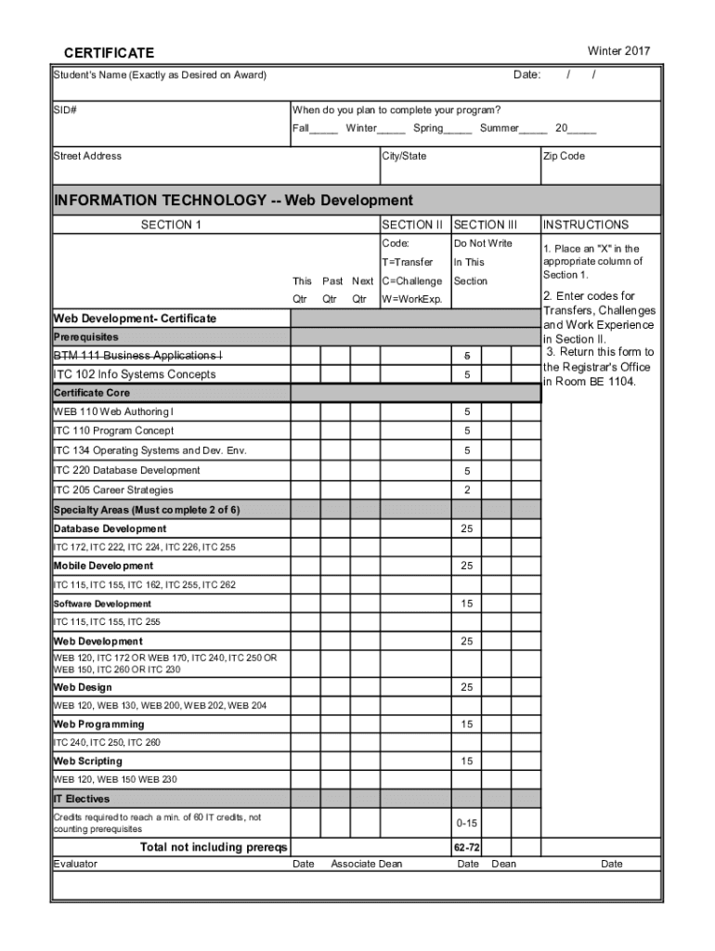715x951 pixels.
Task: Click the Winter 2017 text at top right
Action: tap(619, 50)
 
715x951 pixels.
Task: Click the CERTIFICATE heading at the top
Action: tap(109, 53)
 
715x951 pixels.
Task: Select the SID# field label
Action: tap(65, 111)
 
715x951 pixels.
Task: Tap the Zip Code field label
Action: tap(564, 156)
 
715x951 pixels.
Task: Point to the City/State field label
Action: tap(405, 156)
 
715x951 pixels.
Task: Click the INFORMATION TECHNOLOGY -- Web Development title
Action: tap(233, 201)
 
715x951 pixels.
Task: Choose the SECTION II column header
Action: tap(413, 225)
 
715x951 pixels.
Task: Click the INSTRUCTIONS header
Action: tap(586, 225)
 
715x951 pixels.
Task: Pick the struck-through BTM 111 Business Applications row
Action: tap(137, 356)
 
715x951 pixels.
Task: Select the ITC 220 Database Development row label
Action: tap(126, 470)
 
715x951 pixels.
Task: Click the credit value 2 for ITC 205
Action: tap(467, 489)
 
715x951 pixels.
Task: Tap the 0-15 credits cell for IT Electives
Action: tap(466, 823)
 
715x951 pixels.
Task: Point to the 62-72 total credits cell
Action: tap(466, 847)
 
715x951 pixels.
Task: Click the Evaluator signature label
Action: tap(75, 864)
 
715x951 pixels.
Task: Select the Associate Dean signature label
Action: tap(367, 864)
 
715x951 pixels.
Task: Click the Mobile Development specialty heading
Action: tap(103, 566)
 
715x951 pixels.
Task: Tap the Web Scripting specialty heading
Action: tap(87, 762)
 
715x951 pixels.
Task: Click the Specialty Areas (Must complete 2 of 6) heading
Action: tap(146, 510)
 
